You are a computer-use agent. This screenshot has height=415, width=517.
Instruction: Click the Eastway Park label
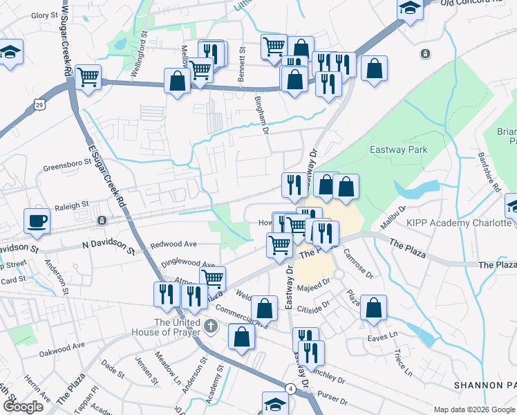coord(398,149)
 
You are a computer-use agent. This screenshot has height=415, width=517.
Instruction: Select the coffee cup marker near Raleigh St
coord(37,221)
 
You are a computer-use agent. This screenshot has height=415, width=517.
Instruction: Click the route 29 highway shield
coord(39,104)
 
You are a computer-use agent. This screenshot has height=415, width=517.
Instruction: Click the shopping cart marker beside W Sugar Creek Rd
coord(88,77)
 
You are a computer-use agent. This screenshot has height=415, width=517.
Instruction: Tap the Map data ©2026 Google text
coord(474,409)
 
